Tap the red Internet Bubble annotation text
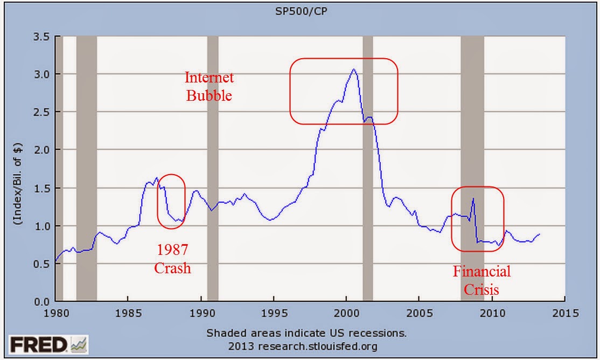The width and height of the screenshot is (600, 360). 209,87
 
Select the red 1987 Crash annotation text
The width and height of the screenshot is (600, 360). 172,259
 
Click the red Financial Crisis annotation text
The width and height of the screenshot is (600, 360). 482,280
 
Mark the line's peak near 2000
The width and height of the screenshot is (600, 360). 353,69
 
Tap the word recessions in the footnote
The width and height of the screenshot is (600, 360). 378,333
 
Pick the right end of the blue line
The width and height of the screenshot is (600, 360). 540,234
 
